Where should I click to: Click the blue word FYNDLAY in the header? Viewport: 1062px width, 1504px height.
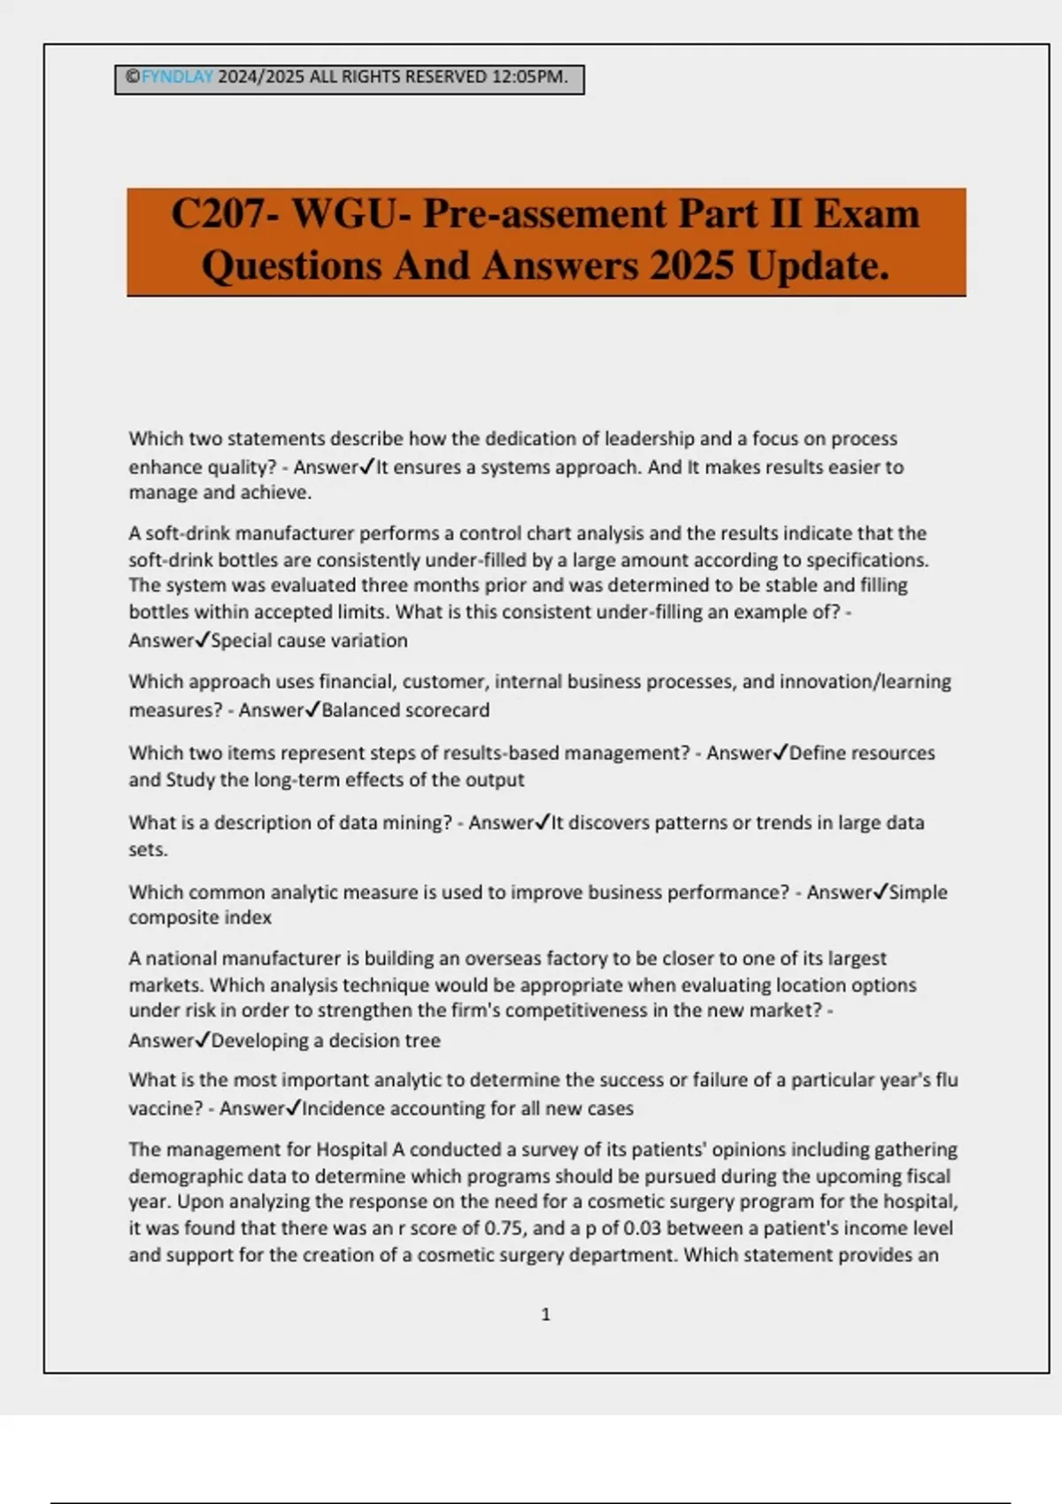pos(177,77)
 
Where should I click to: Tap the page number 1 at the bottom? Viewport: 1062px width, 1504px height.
pos(545,1315)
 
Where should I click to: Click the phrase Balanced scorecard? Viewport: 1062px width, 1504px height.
pos(405,710)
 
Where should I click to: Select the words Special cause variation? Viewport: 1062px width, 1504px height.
pos(309,641)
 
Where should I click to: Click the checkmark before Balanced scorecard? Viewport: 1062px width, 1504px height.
pos(312,710)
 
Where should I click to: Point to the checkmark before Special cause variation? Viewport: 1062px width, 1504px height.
pos(202,640)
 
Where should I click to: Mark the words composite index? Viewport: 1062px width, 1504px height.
pos(200,917)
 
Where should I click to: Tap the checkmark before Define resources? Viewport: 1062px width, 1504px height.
pos(781,753)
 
